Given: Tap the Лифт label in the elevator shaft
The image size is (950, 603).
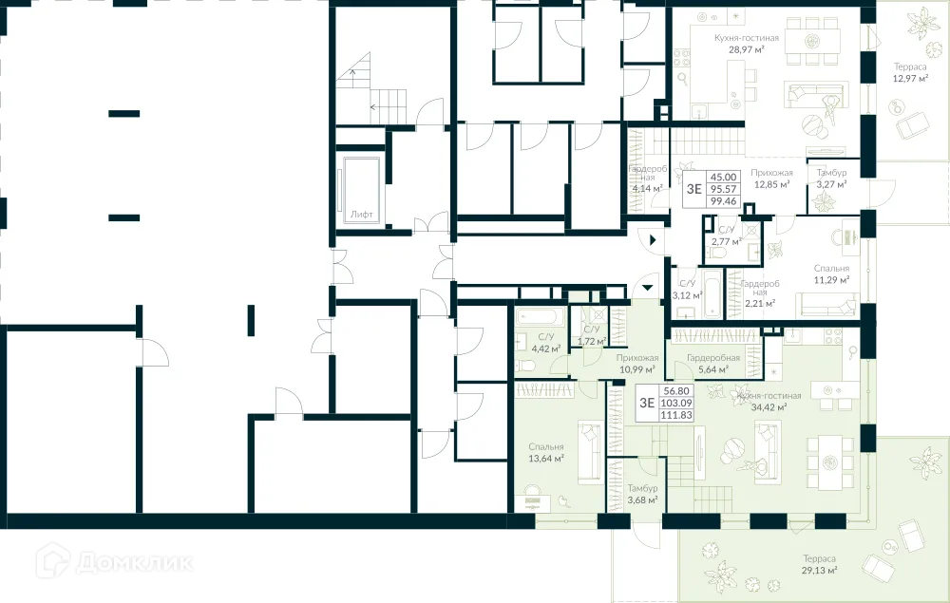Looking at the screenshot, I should [x=361, y=215].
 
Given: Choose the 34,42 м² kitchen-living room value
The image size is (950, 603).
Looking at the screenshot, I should [x=769, y=407].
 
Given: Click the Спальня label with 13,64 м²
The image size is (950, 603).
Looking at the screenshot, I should [x=547, y=446].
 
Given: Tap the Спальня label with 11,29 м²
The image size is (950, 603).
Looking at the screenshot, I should [x=831, y=269].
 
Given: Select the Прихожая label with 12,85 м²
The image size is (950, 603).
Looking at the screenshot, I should [x=771, y=173].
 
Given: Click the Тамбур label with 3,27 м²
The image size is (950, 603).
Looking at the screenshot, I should [x=831, y=173].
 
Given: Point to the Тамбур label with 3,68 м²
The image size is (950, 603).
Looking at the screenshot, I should [x=642, y=488].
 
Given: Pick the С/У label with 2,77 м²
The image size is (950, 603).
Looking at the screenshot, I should [x=726, y=230].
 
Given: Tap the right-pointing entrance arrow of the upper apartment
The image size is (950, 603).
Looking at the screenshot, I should [x=655, y=241].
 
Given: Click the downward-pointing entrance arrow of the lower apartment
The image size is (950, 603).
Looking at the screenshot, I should [x=647, y=285].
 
